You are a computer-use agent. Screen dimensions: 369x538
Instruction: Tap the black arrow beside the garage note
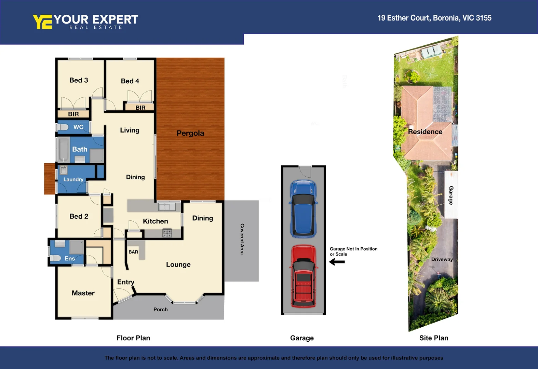click(x=337, y=262)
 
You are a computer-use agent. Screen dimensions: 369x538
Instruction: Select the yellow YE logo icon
click(x=42, y=22)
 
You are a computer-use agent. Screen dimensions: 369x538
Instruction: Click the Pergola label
click(x=190, y=133)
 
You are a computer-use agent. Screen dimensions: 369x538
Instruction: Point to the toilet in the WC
click(x=63, y=127)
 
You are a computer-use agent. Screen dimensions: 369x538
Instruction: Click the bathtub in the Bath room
click(x=63, y=150)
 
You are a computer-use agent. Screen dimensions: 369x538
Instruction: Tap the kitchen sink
click(x=167, y=206)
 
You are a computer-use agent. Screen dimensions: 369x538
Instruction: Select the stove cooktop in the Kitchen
click(x=167, y=233)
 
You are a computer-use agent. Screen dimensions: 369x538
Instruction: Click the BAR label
click(x=133, y=252)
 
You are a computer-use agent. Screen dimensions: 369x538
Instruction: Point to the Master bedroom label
click(x=83, y=293)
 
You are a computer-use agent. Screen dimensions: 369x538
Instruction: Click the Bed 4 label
click(x=130, y=81)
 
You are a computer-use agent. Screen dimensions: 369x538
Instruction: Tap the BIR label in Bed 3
click(x=73, y=114)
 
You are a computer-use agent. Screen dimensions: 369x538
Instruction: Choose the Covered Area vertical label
click(x=242, y=239)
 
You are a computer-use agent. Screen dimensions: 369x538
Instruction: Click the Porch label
click(x=160, y=310)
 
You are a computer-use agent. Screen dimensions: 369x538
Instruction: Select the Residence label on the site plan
click(x=425, y=132)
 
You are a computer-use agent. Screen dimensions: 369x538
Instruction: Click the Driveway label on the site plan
click(x=442, y=259)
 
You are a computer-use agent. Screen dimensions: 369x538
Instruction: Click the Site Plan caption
click(x=433, y=338)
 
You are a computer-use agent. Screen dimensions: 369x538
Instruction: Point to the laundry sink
click(x=64, y=170)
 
